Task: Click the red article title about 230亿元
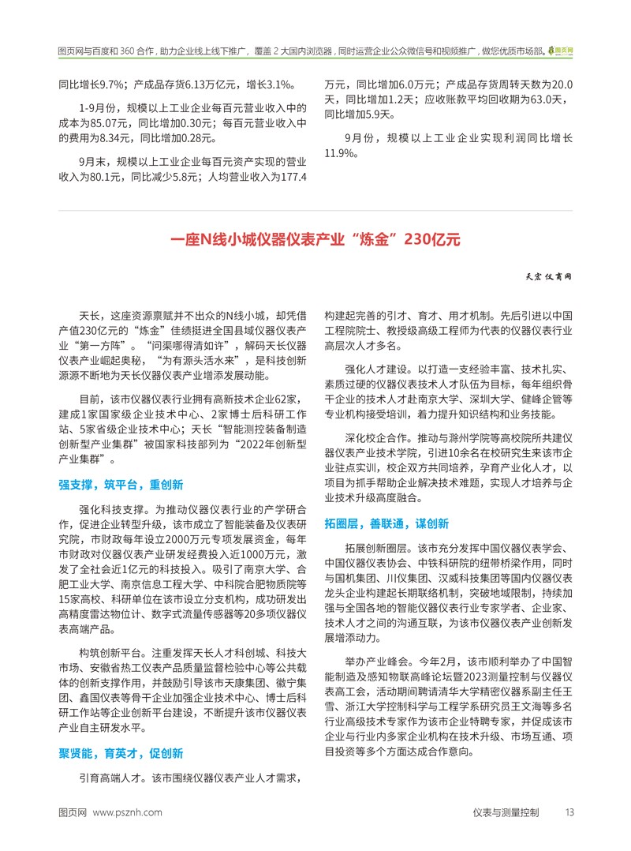315,239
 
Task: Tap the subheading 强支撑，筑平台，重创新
121,485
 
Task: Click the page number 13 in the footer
569,812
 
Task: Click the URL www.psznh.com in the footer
128,812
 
